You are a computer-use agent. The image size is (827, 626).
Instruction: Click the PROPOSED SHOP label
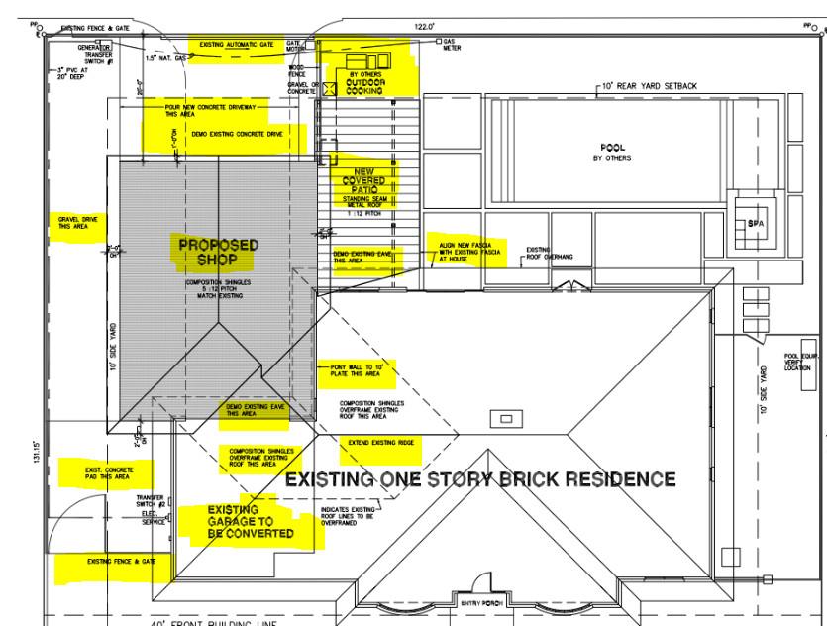click(218, 252)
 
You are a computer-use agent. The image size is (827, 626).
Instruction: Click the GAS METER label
click(452, 45)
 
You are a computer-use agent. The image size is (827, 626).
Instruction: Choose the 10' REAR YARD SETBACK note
click(648, 86)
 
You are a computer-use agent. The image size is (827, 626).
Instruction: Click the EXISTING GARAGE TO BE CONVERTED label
click(250, 522)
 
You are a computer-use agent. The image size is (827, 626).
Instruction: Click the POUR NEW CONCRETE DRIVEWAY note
click(217, 109)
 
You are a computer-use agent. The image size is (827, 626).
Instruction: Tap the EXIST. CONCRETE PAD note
click(104, 472)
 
